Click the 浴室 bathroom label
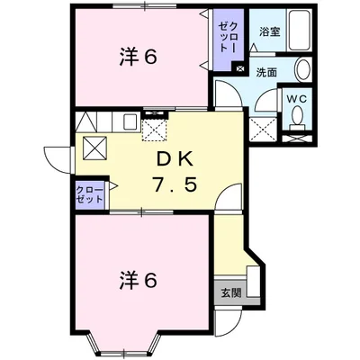270,31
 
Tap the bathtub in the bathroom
300,31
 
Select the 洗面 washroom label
266,72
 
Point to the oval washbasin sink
303,69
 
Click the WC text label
297,99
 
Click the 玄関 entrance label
231,292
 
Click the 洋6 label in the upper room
139,57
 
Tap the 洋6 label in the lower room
139,280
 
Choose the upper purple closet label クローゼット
229,38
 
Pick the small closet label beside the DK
89,194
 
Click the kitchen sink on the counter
130,121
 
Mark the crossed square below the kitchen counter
94,148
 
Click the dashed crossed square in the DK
154,130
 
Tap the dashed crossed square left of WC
263,129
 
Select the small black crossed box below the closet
239,68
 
